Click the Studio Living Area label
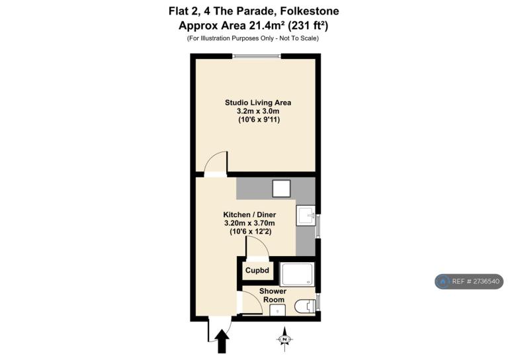coord(258,103)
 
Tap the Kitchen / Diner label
coord(249,214)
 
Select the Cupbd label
coord(257,270)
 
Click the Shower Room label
coord(273,295)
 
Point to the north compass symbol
coord(284,339)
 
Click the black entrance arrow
coord(222,341)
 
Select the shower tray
coord(298,275)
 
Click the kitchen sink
coord(305,216)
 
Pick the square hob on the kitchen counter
coord(281,189)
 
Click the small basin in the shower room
coord(277,310)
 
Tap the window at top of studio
coord(258,56)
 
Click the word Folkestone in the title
coord(310,11)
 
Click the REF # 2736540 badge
coord(469,281)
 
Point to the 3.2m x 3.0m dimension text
coord(258,111)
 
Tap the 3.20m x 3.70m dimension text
coord(249,223)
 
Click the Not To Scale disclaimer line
coord(253,38)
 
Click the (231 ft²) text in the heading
coord(308,25)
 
